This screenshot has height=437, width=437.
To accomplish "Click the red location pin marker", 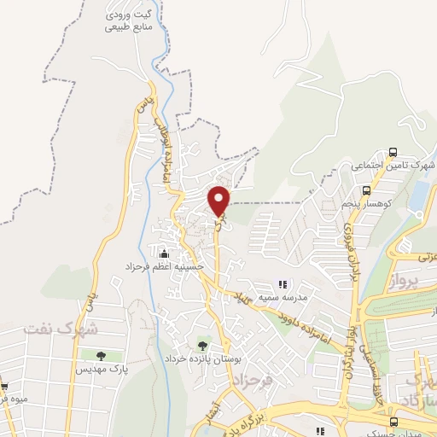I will click(219, 201).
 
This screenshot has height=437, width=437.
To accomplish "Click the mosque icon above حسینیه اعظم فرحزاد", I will click(165, 253).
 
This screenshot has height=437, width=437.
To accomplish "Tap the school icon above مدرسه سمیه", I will click(283, 284).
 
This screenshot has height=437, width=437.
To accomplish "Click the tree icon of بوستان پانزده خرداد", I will click(202, 346).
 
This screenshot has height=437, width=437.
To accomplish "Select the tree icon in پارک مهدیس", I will click(102, 355).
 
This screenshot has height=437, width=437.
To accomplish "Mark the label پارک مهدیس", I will click(99, 370).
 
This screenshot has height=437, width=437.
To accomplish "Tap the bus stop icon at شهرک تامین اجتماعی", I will click(392, 152).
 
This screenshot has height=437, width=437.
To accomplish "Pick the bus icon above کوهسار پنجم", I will click(366, 190).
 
